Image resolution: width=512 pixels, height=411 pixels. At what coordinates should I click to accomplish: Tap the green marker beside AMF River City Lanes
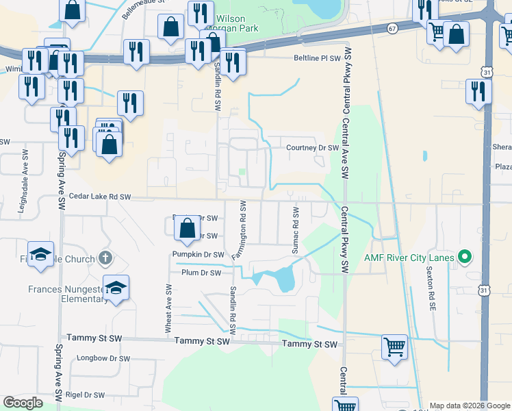(465, 258)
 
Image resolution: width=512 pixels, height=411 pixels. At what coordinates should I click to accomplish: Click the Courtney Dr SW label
(313, 147)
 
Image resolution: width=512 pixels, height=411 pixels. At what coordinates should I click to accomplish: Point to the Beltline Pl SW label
(317, 58)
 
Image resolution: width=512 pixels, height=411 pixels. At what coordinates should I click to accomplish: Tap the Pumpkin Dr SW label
(199, 255)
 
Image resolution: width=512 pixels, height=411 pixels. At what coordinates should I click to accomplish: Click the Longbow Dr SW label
(104, 358)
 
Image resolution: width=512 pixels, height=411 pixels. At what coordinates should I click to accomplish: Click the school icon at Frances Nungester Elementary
(116, 287)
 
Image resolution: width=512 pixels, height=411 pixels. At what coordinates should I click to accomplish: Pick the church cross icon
(104, 258)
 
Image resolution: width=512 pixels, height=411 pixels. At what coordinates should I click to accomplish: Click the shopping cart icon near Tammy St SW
(394, 346)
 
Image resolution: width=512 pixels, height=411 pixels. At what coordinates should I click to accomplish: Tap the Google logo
(23, 403)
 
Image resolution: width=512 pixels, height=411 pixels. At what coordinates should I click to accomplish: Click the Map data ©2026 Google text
(470, 406)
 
